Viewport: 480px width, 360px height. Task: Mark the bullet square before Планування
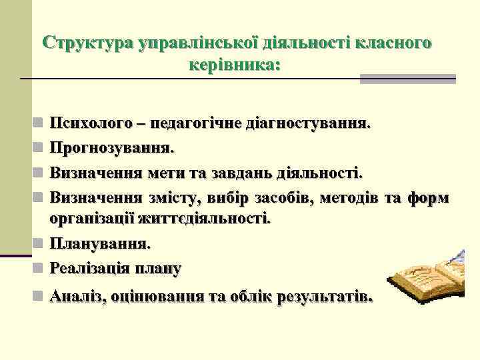40,243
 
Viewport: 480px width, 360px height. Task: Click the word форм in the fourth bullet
428,197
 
